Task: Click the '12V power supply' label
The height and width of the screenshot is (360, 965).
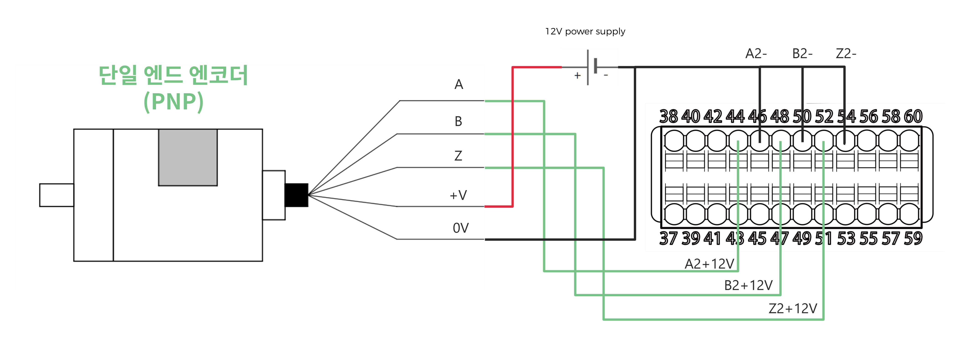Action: click(x=585, y=31)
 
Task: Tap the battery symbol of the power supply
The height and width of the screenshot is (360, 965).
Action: click(x=591, y=67)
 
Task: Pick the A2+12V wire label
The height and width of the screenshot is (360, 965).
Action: click(x=709, y=264)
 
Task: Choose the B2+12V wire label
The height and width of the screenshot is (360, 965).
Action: click(x=748, y=285)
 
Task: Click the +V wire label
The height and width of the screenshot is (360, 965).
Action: click(x=458, y=195)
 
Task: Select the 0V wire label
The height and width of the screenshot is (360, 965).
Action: click(x=460, y=228)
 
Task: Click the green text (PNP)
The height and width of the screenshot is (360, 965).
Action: click(x=173, y=101)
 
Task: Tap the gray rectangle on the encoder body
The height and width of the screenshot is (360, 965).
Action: click(x=188, y=157)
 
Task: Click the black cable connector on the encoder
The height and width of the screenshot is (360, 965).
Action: click(x=296, y=195)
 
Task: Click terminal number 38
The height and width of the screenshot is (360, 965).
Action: click(x=668, y=117)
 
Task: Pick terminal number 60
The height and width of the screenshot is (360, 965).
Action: click(x=913, y=117)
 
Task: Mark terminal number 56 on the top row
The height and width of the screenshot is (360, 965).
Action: click(x=868, y=117)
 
